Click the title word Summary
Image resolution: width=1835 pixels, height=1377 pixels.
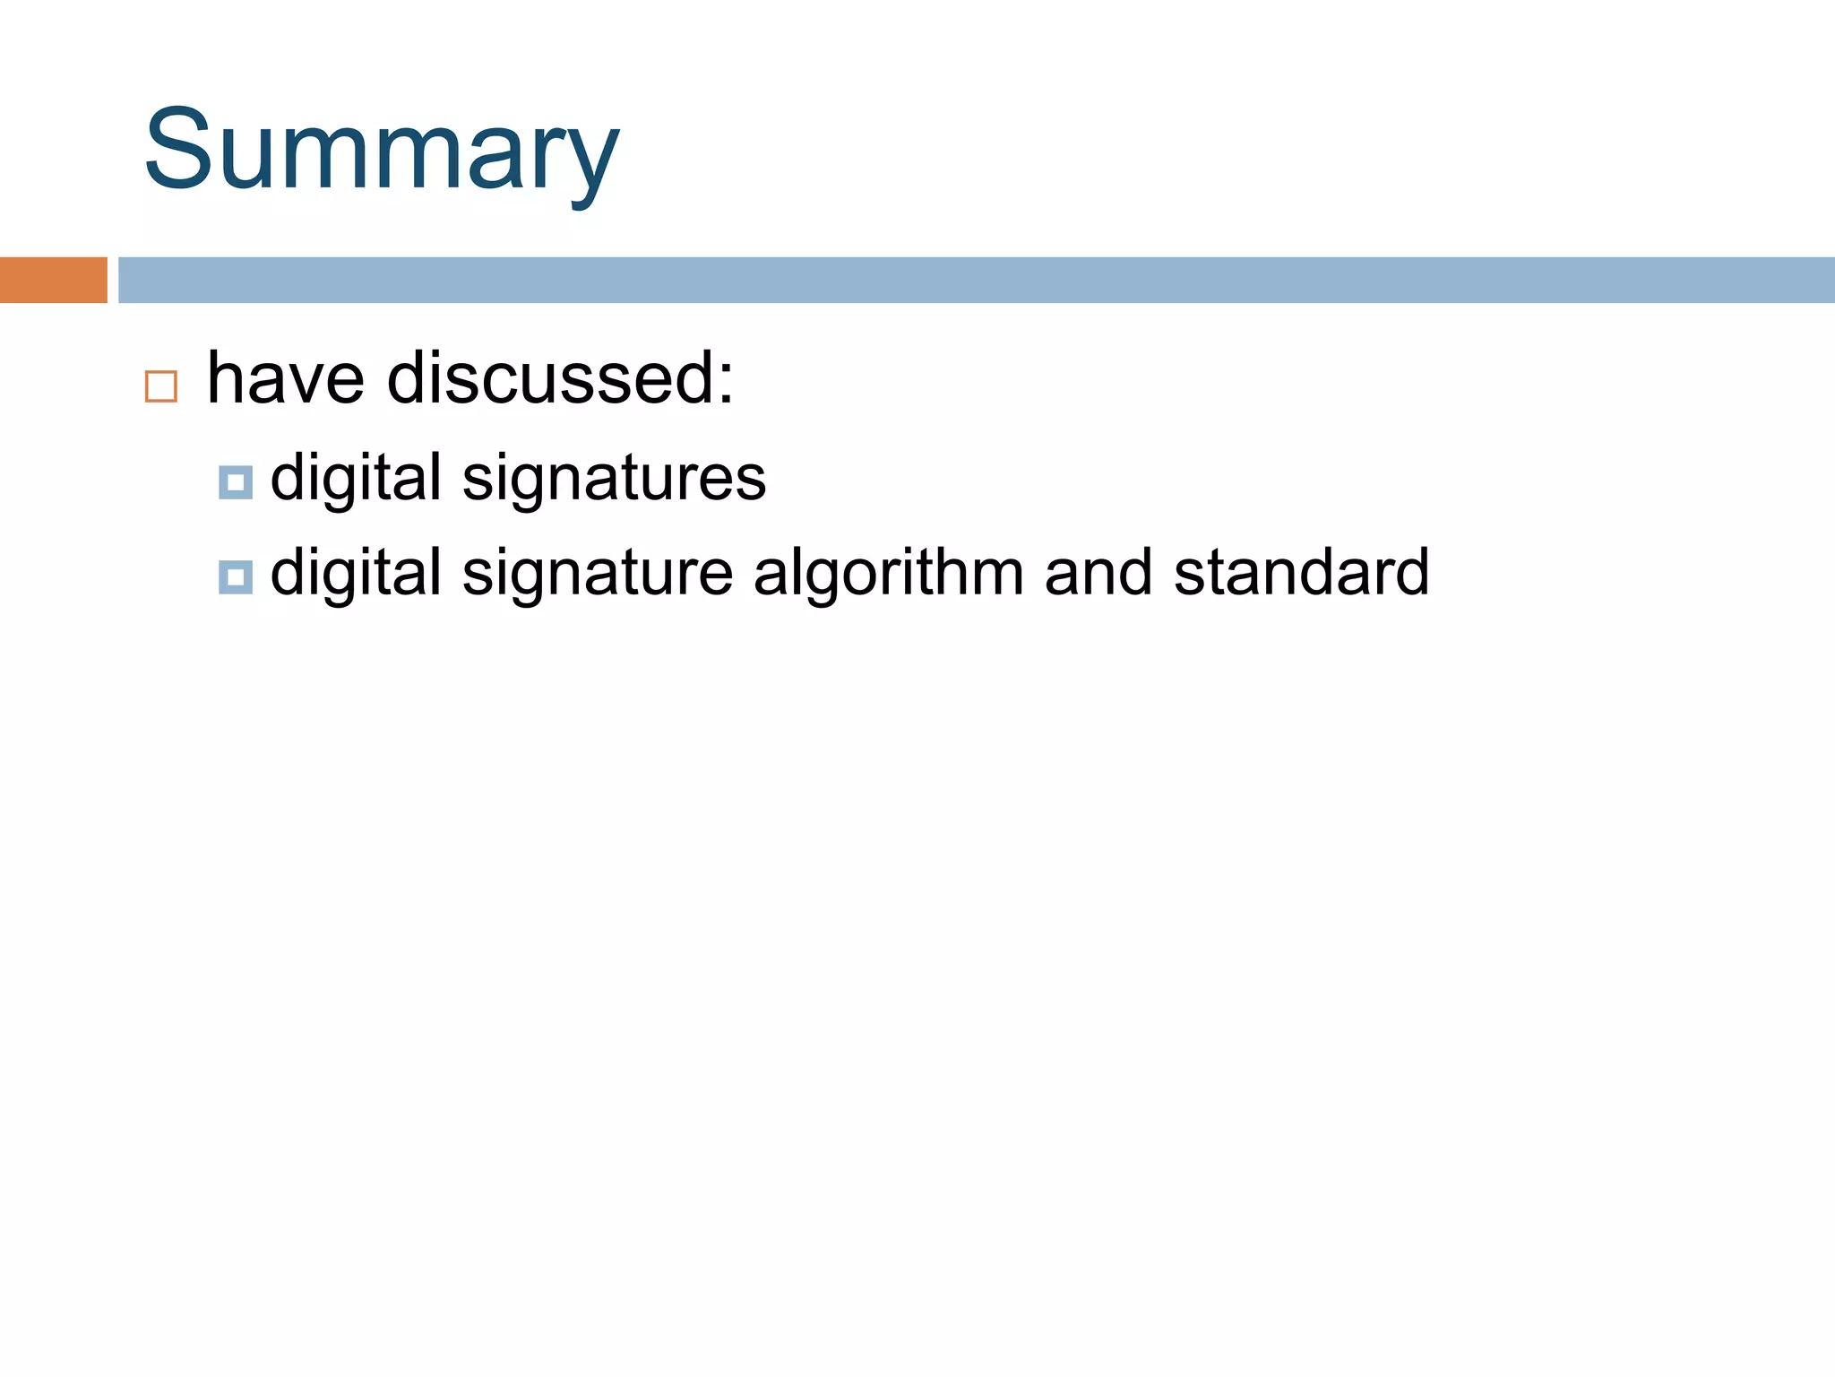pyautogui.click(x=381, y=151)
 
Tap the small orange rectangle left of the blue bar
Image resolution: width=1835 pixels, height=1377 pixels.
pyautogui.click(x=53, y=280)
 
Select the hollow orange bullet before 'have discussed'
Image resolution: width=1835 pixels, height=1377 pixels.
pyautogui.click(x=161, y=386)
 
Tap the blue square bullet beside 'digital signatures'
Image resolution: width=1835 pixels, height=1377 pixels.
pyautogui.click(x=236, y=482)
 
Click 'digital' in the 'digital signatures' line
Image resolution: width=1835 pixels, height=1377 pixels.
pyautogui.click(x=356, y=478)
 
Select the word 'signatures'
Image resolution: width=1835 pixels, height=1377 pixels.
pyautogui.click(x=614, y=480)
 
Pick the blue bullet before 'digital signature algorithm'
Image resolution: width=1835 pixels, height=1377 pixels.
pyautogui.click(x=236, y=577)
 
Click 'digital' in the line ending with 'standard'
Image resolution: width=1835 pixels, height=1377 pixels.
pyautogui.click(x=356, y=573)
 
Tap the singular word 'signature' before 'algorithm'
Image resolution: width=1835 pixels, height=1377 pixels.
pyautogui.click(x=598, y=575)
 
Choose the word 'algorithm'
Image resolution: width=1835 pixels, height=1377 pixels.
pyautogui.click(x=888, y=575)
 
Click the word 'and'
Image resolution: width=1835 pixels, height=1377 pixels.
pyautogui.click(x=1098, y=573)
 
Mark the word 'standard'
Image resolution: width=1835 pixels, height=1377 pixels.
pyautogui.click(x=1301, y=573)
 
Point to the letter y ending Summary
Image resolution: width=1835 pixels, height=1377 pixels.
pyautogui.click(x=591, y=161)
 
